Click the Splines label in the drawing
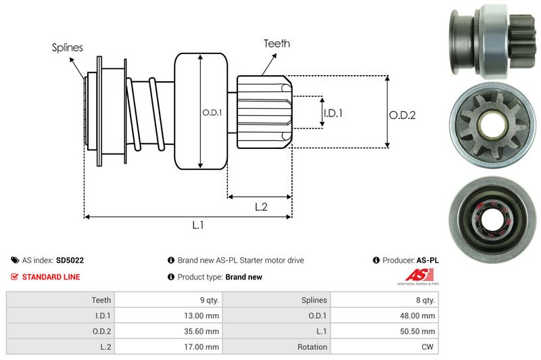[x=67, y=47]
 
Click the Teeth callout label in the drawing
[x=277, y=43]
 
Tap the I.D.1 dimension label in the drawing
[x=333, y=113]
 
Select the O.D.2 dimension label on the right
[x=402, y=115]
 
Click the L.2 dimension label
[x=262, y=208]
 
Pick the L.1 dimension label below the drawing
[x=198, y=226]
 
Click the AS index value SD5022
[x=70, y=260]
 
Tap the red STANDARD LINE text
[x=51, y=277]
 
